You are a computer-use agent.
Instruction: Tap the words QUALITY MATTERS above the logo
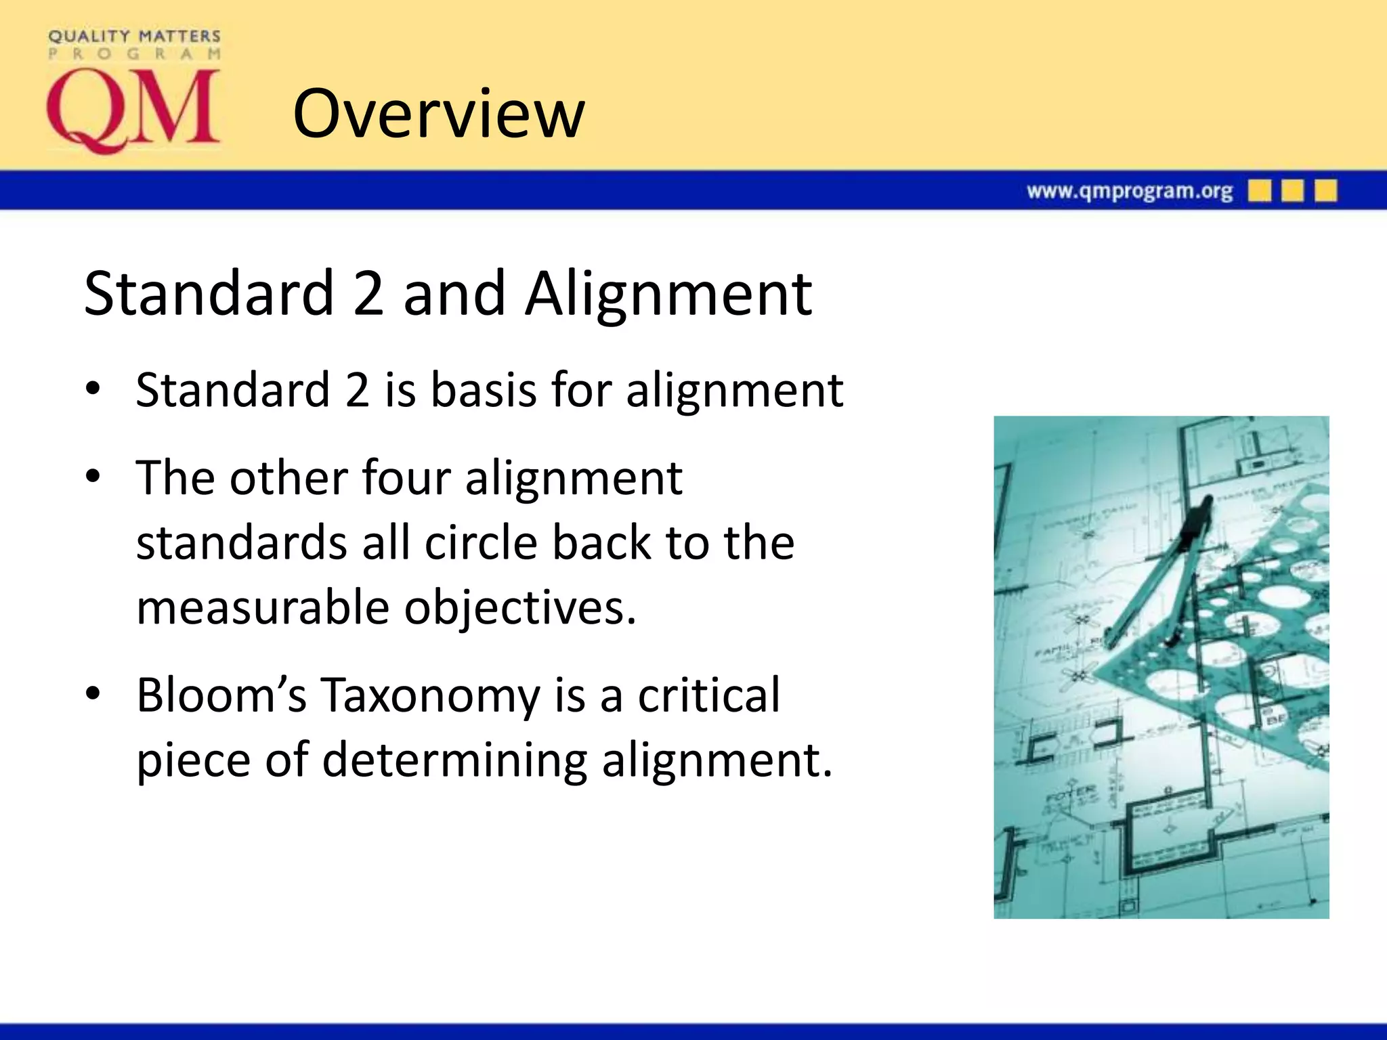click(134, 36)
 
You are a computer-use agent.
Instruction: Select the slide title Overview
click(438, 114)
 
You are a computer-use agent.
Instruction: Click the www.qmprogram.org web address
click(1129, 192)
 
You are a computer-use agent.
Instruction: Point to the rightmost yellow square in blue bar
click(1325, 191)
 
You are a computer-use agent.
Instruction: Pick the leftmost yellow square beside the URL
click(1260, 191)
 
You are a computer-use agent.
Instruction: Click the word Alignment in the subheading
click(668, 293)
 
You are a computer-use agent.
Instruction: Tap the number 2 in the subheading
click(368, 293)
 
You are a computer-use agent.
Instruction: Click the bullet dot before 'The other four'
click(93, 476)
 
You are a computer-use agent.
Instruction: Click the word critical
click(709, 695)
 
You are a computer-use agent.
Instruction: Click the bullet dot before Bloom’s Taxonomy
click(93, 693)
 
